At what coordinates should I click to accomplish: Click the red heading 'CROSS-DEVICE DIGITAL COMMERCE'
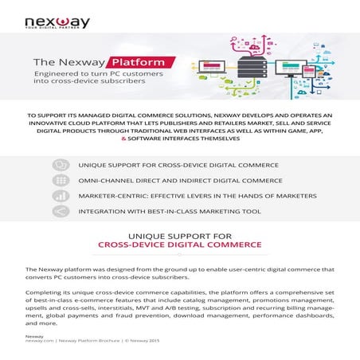pyautogui.click(x=179, y=246)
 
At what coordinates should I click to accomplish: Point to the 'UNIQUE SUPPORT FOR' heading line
pyautogui.click(x=179, y=236)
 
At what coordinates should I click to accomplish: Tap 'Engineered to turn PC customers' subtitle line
pyautogui.click(x=90, y=73)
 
